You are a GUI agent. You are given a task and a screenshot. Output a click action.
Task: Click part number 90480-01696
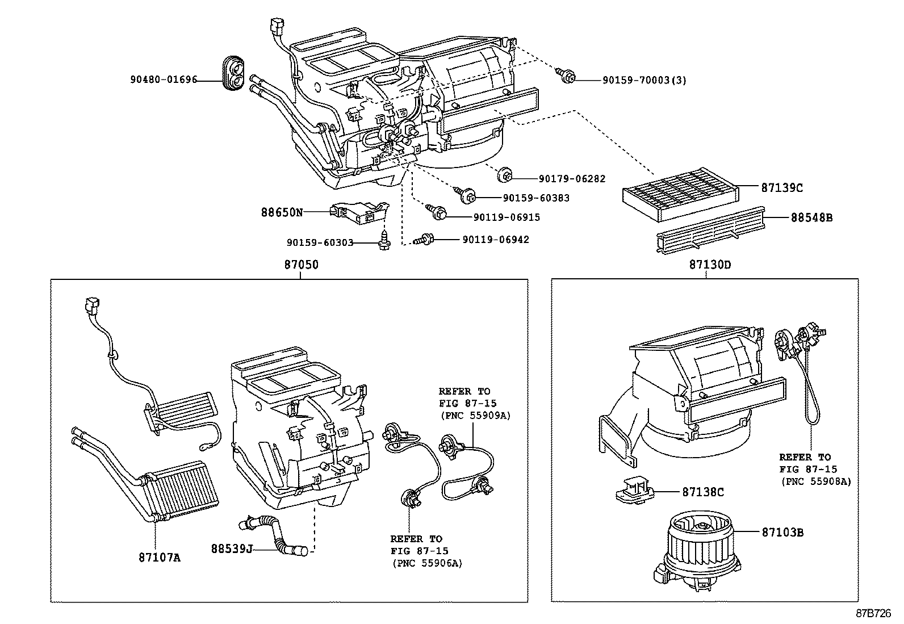pos(164,80)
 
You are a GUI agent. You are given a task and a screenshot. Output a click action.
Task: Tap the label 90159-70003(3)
pos(644,80)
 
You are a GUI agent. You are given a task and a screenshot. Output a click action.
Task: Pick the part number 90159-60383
pos(536,198)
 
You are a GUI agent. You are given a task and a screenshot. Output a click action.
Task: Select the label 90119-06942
pos(495,240)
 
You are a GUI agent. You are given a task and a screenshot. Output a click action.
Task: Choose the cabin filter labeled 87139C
pos(681,188)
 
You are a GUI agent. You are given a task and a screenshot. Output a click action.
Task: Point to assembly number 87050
pos(301,265)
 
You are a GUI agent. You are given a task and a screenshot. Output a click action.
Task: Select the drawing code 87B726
pos(874,614)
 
